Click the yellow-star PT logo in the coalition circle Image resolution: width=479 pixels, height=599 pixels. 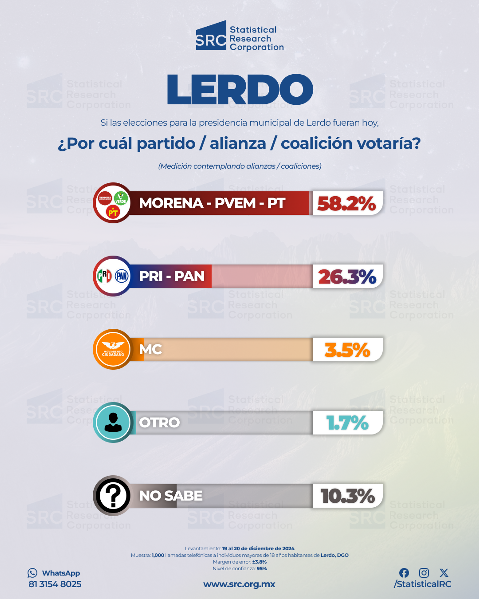(x=113, y=212)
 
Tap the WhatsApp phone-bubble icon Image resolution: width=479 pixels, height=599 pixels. (x=32, y=573)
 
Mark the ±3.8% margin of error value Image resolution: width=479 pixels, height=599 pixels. (x=259, y=562)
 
